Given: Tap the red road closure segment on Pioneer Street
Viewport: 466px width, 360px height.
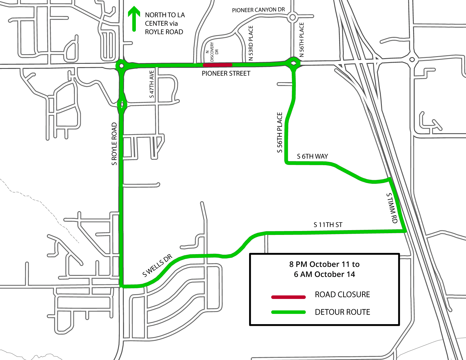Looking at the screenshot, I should click(x=217, y=65).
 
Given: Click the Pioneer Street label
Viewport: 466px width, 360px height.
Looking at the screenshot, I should click(x=226, y=74).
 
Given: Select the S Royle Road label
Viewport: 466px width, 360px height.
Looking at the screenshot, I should click(x=114, y=144).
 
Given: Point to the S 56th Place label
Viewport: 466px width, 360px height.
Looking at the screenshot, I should click(x=280, y=132).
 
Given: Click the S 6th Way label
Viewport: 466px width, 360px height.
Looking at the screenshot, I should click(x=312, y=156).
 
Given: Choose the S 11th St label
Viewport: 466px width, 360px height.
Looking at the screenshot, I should click(x=328, y=225).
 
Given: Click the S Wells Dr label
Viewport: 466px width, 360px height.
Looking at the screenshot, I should click(x=157, y=265).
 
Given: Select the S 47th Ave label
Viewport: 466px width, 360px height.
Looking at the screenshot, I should click(x=152, y=84).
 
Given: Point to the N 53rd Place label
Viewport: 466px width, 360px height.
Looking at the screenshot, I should click(x=251, y=43).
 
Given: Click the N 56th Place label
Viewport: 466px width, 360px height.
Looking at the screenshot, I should click(x=302, y=40).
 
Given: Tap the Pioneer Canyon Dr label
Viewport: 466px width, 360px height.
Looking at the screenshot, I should click(x=258, y=10).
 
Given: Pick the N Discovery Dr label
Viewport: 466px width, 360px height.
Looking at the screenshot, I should click(x=212, y=52).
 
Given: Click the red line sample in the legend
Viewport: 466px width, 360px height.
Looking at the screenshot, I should click(x=288, y=297).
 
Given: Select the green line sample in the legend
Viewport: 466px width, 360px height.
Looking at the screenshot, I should click(x=288, y=312).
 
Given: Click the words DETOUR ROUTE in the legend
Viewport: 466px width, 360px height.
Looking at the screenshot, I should click(x=342, y=312).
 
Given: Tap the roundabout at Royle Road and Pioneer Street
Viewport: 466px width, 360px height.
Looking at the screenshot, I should click(x=121, y=66).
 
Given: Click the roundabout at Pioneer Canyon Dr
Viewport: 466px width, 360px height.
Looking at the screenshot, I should click(x=293, y=18).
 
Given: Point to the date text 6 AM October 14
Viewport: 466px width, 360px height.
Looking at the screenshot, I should click(x=324, y=274).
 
